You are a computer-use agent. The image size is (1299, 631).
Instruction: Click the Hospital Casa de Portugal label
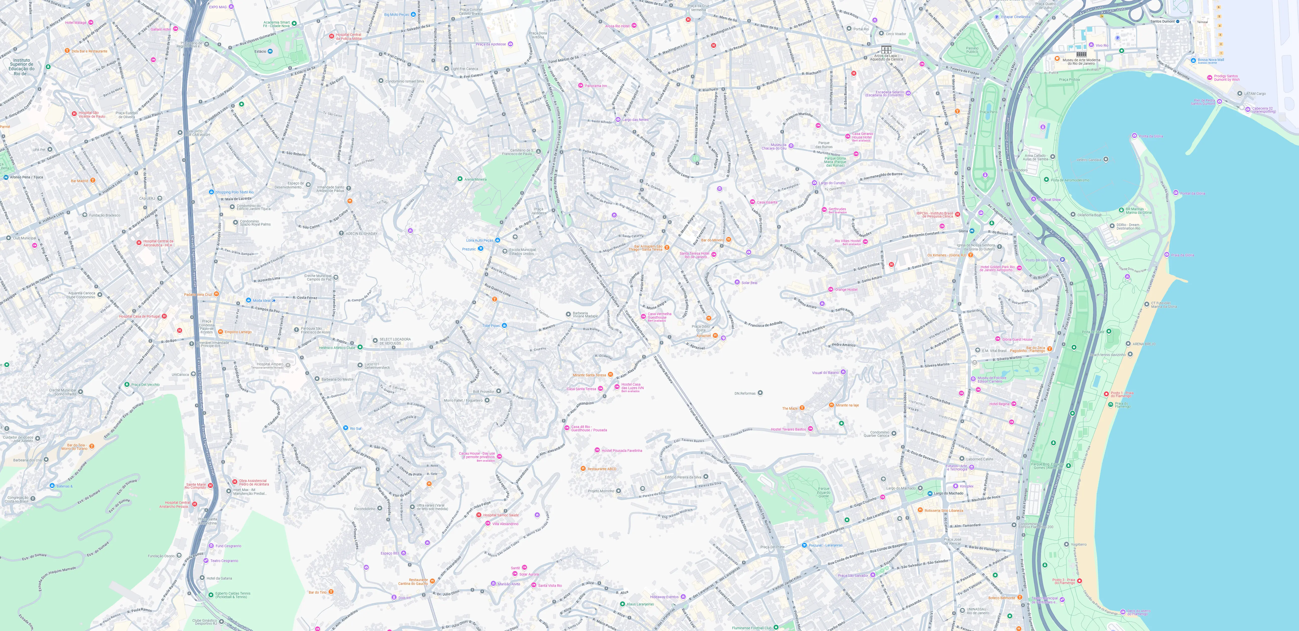[x=139, y=316]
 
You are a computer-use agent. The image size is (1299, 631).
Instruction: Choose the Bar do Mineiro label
[x=713, y=240]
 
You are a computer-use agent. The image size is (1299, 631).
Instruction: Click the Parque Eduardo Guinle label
[x=823, y=492]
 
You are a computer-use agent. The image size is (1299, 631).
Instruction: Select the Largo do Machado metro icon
[x=930, y=493]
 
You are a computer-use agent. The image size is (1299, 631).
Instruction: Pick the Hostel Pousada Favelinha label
[x=622, y=450]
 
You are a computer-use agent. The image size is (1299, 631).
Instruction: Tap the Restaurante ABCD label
[x=602, y=469]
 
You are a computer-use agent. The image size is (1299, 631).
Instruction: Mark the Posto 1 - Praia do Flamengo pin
[x=1106, y=394]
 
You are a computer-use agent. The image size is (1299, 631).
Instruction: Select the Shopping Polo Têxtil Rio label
[x=235, y=192]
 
